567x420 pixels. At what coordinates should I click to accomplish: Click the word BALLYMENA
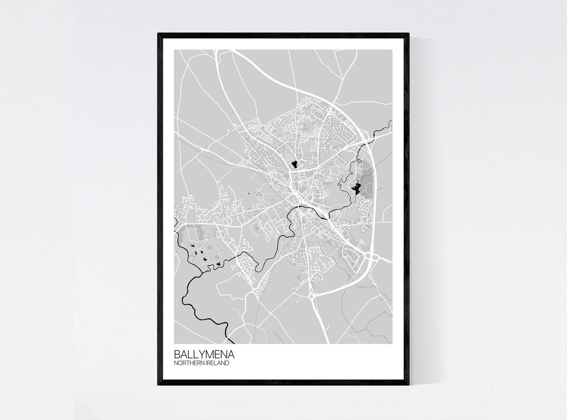pos(204,355)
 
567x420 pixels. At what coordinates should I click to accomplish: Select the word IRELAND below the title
pos(217,363)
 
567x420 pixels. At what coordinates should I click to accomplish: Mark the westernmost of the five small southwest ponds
pos(192,246)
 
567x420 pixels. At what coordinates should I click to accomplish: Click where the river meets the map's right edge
pos(392,121)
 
